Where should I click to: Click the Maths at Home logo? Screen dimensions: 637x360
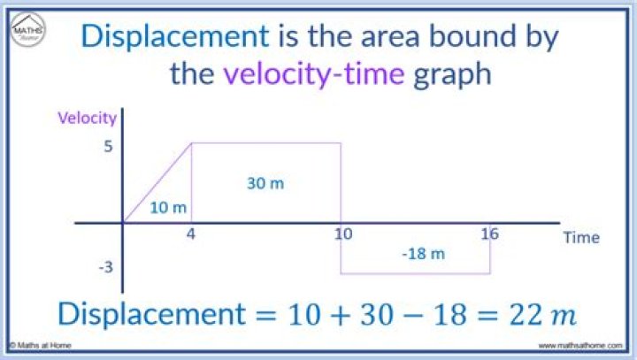pyautogui.click(x=28, y=29)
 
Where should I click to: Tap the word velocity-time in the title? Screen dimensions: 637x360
pyautogui.click(x=314, y=74)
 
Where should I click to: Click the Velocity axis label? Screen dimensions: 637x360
pyautogui.click(x=87, y=119)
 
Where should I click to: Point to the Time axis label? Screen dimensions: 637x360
pyautogui.click(x=581, y=237)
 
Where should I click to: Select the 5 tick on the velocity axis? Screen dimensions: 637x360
pyautogui.click(x=108, y=146)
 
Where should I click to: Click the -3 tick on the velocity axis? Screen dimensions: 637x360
pyautogui.click(x=105, y=267)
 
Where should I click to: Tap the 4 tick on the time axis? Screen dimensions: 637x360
pyautogui.click(x=190, y=234)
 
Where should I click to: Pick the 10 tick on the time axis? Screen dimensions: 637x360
pyautogui.click(x=343, y=234)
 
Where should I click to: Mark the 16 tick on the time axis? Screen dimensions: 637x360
pyautogui.click(x=489, y=234)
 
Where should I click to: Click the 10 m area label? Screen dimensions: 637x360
pyautogui.click(x=168, y=208)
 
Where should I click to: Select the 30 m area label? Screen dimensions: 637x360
pyautogui.click(x=265, y=184)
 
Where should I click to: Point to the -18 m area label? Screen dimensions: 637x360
pyautogui.click(x=423, y=255)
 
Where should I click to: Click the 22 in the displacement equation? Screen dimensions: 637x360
pyautogui.click(x=526, y=315)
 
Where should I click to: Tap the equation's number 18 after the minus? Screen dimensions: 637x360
pyautogui.click(x=449, y=315)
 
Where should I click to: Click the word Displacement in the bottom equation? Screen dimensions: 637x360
pyautogui.click(x=152, y=314)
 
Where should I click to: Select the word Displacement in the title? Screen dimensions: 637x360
pyautogui.click(x=175, y=36)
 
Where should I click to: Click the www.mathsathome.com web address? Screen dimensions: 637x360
pyautogui.click(x=580, y=346)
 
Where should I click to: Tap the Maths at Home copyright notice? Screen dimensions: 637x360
pyautogui.click(x=40, y=345)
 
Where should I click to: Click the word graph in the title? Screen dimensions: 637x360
pyautogui.click(x=452, y=75)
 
